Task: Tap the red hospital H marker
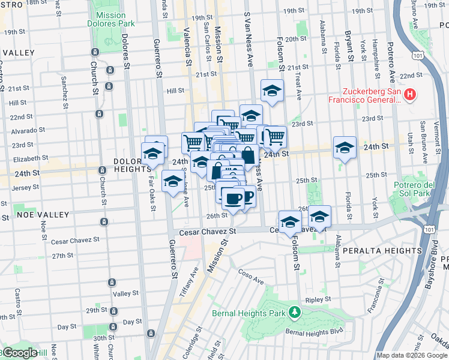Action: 410,94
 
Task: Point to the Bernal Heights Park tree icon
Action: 294,312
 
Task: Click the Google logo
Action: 20,353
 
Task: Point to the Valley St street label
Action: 125,293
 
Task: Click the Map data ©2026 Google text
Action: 412,355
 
